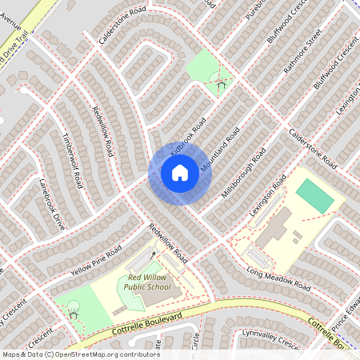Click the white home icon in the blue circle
180,173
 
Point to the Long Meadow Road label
278,280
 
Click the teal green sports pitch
314,195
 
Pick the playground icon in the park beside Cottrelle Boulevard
73,309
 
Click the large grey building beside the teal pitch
274,227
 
